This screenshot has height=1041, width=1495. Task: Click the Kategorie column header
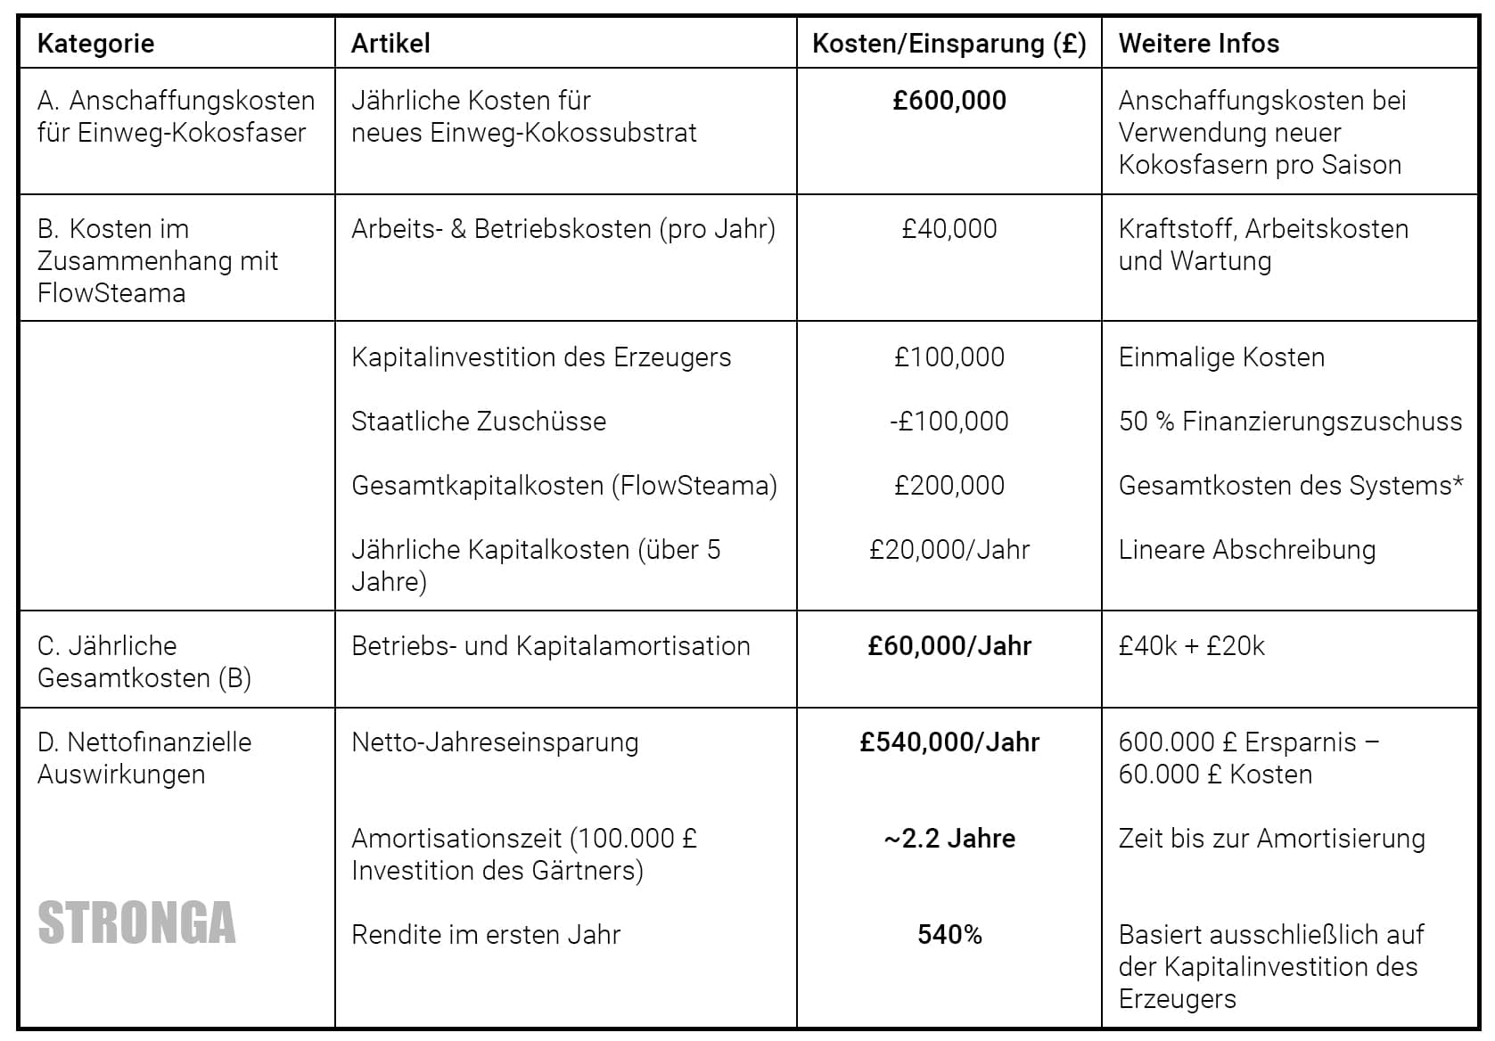point(95,44)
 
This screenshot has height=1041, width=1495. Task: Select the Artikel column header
point(390,44)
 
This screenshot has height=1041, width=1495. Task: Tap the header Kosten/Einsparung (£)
point(949,44)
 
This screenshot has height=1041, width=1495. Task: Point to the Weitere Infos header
point(1198,44)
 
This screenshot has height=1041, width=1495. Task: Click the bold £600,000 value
point(949,101)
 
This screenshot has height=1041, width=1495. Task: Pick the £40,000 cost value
point(949,229)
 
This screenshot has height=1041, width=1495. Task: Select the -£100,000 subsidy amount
point(949,422)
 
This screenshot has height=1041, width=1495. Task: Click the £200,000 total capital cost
point(949,486)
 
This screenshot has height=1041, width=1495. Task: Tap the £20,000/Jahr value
point(949,550)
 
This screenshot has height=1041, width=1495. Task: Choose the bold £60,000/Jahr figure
point(949,646)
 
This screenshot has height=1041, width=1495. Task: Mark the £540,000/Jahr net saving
point(949,742)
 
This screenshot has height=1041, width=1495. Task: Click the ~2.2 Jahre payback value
point(949,839)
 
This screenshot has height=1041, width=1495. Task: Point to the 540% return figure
point(949,935)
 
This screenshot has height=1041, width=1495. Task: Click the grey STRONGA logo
point(136,923)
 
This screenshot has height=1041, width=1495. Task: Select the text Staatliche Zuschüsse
point(479,422)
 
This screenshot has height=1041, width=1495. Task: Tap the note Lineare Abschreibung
point(1246,550)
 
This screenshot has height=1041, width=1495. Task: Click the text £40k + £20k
point(1191,646)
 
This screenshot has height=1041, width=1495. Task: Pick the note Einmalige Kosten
point(1221,357)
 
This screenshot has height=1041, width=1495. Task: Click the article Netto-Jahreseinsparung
point(495,742)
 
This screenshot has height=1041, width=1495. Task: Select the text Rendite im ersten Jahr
point(486,935)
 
